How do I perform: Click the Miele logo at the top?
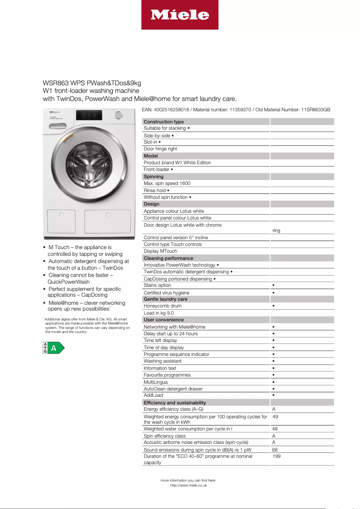[x=180, y=15]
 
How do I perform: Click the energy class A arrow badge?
[x=53, y=348]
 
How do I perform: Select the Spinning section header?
[x=154, y=176]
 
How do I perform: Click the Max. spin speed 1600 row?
[x=167, y=184]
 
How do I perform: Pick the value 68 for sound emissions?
[x=275, y=449]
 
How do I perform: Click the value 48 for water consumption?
[x=275, y=429]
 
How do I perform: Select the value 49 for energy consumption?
[x=275, y=417]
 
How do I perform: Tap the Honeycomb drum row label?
[x=162, y=306]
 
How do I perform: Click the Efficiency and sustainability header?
[x=175, y=403]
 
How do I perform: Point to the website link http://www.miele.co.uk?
[x=188, y=486]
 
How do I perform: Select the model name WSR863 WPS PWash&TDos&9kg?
[x=92, y=83]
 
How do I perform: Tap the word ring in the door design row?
[x=276, y=230]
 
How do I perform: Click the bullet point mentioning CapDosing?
[x=78, y=292]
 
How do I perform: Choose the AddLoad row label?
[x=153, y=395]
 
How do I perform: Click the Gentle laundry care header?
[x=165, y=299]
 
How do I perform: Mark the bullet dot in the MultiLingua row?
[x=273, y=382]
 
